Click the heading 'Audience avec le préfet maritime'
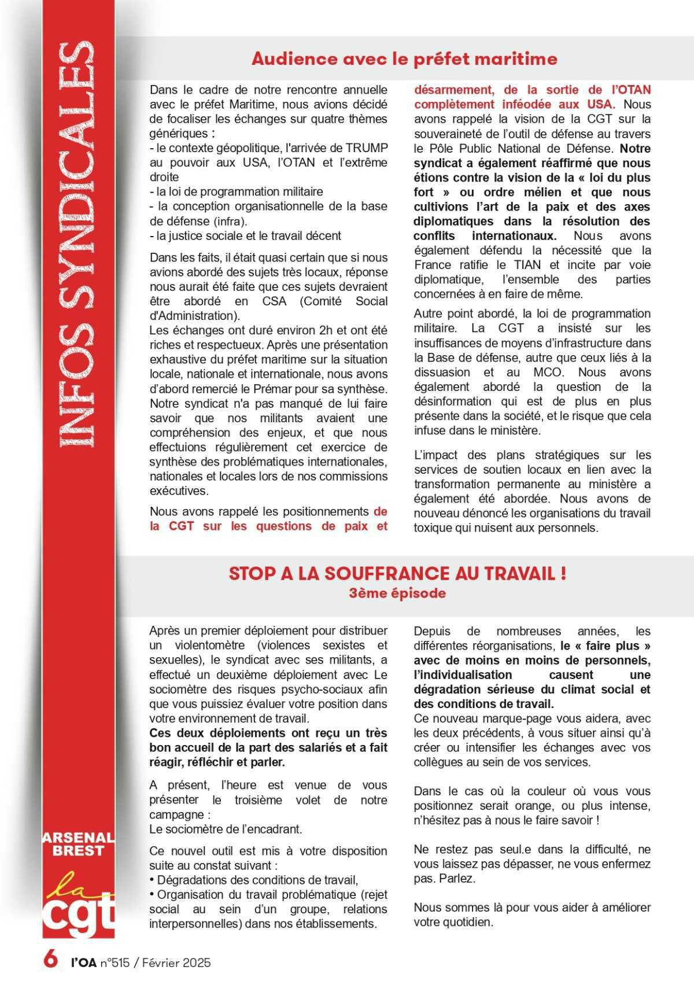[x=404, y=59]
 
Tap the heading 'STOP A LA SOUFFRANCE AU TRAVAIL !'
[x=397, y=573]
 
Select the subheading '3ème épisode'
[x=397, y=593]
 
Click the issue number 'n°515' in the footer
[x=115, y=962]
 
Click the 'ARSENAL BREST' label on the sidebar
[x=78, y=844]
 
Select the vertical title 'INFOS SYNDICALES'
[x=77, y=237]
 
